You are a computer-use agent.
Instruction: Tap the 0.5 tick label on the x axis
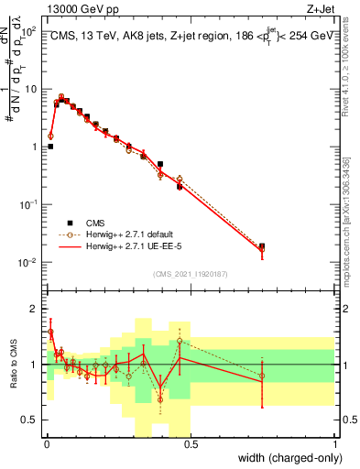pos(191,444)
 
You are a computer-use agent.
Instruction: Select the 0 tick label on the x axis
pos(47,444)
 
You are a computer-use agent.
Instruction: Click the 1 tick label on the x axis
pos(335,444)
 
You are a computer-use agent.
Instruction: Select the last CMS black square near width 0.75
pos(262,246)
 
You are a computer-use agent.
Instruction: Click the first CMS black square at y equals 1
pos(50,147)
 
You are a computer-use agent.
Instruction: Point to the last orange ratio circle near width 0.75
pos(262,376)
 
